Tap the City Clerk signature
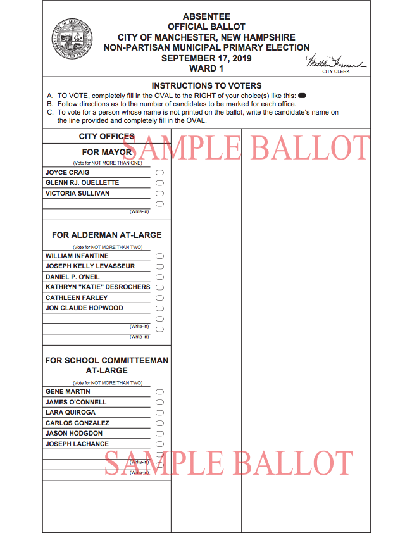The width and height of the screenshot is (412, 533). [335, 63]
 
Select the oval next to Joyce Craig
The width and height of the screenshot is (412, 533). [159, 173]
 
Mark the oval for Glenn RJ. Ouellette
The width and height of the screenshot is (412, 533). [159, 183]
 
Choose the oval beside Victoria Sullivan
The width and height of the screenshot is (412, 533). [159, 194]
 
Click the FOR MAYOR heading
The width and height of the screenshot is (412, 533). [107, 153]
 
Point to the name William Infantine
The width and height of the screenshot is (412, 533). [77, 256]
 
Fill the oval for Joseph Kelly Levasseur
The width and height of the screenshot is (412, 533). [159, 266]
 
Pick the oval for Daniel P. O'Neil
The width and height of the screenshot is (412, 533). [159, 277]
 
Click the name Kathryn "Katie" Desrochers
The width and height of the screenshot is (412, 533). [98, 287]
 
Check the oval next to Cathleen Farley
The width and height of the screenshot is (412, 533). [159, 298]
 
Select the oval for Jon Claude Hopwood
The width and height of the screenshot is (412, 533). [159, 308]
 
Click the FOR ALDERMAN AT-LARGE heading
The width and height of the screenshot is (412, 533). [107, 235]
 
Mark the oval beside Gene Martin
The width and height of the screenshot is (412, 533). [159, 392]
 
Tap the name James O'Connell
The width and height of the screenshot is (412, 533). [76, 402]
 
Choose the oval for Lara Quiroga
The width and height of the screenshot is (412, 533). [159, 413]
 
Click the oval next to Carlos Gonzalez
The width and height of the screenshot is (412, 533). [159, 423]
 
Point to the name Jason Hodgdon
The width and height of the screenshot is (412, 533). [74, 434]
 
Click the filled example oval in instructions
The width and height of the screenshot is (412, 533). [302, 95]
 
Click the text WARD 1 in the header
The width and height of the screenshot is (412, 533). [206, 68]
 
